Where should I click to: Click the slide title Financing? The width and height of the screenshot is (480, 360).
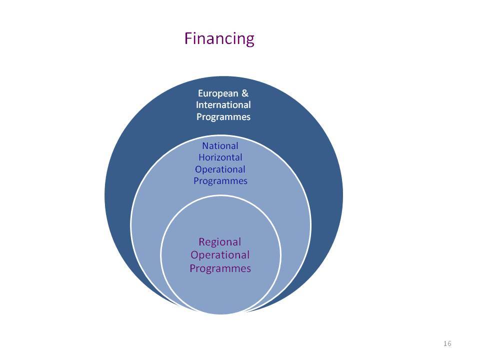[x=219, y=39]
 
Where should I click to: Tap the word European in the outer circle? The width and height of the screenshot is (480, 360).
[x=218, y=93]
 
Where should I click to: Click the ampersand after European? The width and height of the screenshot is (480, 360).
[x=245, y=93]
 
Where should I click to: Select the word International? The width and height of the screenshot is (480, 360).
[x=223, y=104]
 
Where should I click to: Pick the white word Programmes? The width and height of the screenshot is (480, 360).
[x=223, y=117]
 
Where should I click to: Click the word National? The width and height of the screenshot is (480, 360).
[x=220, y=145]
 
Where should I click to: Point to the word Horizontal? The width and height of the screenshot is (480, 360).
[x=220, y=157]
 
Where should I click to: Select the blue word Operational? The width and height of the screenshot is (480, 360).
[x=220, y=169]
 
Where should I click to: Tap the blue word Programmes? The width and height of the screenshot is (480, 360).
[x=220, y=181]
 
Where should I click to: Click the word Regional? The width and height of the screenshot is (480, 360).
[x=220, y=242]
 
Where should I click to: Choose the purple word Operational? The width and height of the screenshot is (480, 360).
[x=220, y=255]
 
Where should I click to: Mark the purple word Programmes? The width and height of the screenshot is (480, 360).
[x=220, y=268]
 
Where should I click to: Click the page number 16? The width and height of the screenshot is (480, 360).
[x=447, y=343]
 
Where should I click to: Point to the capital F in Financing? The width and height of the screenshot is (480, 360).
[x=188, y=38]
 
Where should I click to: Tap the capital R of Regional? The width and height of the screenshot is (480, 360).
[x=201, y=242]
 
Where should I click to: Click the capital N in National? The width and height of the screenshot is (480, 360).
[x=205, y=145]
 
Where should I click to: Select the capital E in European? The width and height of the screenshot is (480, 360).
[x=200, y=93]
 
